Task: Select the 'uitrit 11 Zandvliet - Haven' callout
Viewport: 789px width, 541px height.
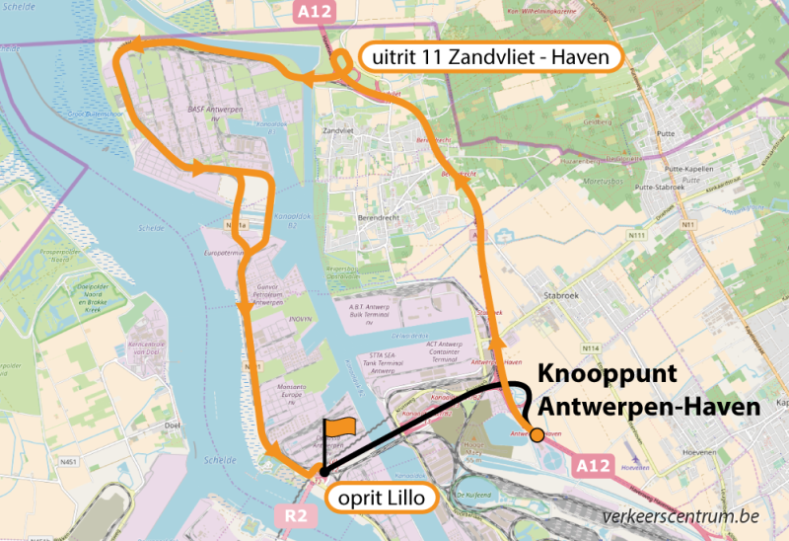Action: pos(490,58)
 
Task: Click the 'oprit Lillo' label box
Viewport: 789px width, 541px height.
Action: pos(381,499)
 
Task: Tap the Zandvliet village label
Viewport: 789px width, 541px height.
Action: pos(338,131)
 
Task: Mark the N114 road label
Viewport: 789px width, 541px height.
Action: pos(592,348)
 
